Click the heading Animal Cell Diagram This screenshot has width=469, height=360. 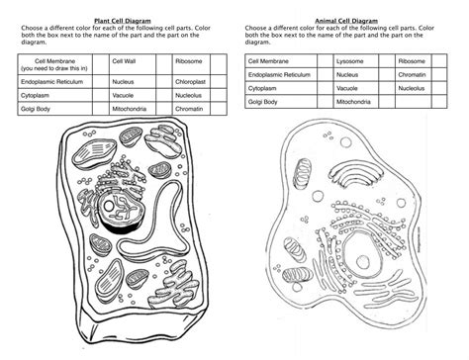(x=346, y=19)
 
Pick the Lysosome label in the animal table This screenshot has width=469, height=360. (x=348, y=61)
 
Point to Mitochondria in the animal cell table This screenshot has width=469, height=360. (x=354, y=102)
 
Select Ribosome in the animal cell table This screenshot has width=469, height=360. (x=414, y=61)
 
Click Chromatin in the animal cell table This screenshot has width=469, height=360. (x=415, y=74)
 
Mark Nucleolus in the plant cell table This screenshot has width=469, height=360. (x=188, y=95)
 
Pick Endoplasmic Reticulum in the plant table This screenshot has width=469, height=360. (x=49, y=82)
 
